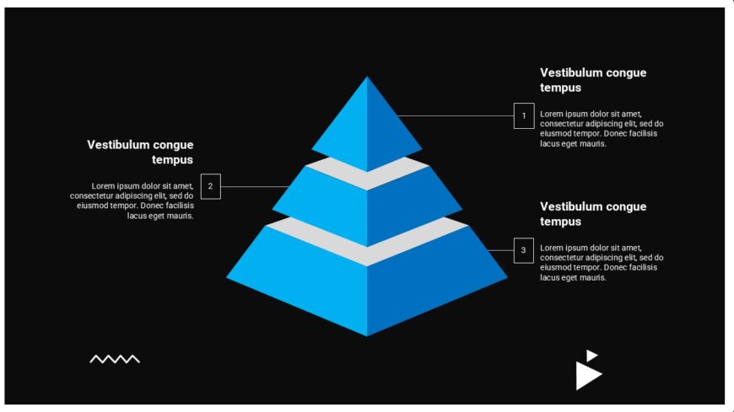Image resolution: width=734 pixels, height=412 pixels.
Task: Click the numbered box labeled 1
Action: click(x=524, y=115)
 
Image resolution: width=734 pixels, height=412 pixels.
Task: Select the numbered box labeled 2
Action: click(x=211, y=186)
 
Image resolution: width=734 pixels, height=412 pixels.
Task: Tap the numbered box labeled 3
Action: click(x=524, y=250)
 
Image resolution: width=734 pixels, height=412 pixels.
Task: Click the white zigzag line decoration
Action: click(x=115, y=359)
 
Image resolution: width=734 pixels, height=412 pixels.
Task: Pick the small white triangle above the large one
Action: click(x=591, y=356)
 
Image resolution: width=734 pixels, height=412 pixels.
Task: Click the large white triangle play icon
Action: click(x=587, y=376)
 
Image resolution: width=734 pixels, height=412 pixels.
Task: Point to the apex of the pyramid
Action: click(x=367, y=76)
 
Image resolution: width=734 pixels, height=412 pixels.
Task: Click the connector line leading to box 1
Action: click(x=455, y=115)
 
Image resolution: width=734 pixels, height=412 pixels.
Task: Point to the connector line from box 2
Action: click(x=255, y=186)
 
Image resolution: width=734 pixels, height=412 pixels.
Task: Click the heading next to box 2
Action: click(x=140, y=152)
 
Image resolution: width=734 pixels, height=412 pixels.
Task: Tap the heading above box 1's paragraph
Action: click(x=593, y=80)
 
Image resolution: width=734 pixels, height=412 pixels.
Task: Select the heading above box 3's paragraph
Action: click(x=593, y=214)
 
